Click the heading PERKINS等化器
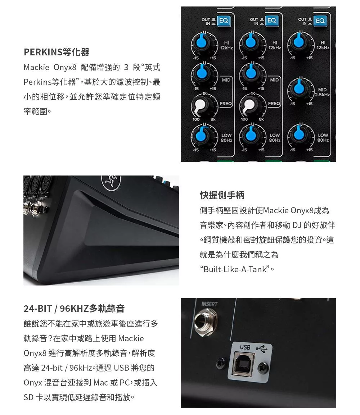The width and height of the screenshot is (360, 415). [57, 52]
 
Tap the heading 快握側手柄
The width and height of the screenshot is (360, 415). [222, 195]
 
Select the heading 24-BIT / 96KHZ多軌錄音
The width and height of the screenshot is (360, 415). [74, 308]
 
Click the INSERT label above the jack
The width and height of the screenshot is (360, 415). [209, 304]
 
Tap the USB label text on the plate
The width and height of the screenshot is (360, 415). [245, 347]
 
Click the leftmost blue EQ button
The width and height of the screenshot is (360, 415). [224, 21]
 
